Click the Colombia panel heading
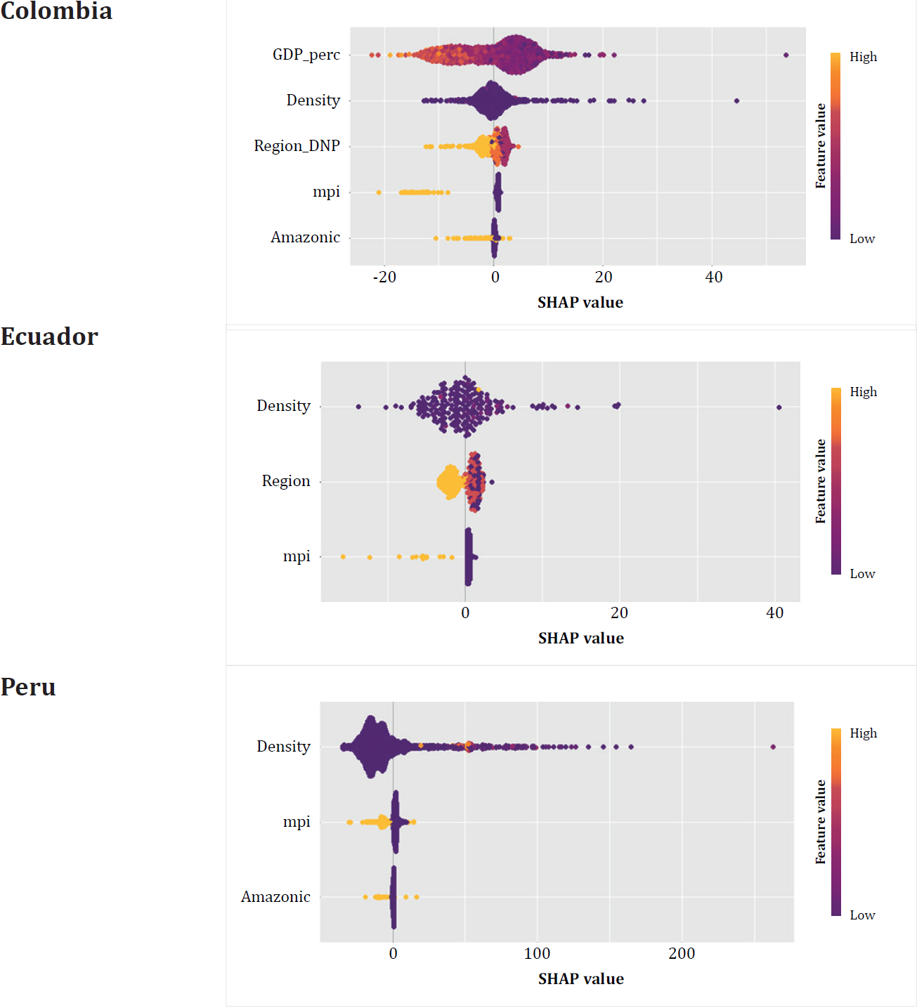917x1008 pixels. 56,11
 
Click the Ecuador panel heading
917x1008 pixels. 49,336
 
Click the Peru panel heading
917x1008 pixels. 28,686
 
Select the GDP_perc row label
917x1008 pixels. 306,55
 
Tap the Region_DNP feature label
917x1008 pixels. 297,146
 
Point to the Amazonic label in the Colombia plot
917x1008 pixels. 305,237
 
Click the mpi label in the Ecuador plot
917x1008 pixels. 296,556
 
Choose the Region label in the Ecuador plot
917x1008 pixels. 285,481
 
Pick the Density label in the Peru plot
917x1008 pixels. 283,747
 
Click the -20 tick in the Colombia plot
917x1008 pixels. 384,277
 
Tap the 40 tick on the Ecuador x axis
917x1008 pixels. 774,613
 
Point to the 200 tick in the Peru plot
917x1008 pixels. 682,954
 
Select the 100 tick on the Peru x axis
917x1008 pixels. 537,954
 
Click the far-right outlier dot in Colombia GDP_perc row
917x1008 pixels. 786,55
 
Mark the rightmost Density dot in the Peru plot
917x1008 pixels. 773,747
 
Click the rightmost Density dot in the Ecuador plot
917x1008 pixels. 779,407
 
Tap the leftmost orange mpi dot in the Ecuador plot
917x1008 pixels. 343,557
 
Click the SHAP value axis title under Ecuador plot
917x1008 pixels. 580,639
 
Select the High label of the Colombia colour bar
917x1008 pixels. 863,57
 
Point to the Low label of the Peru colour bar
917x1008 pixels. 862,915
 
